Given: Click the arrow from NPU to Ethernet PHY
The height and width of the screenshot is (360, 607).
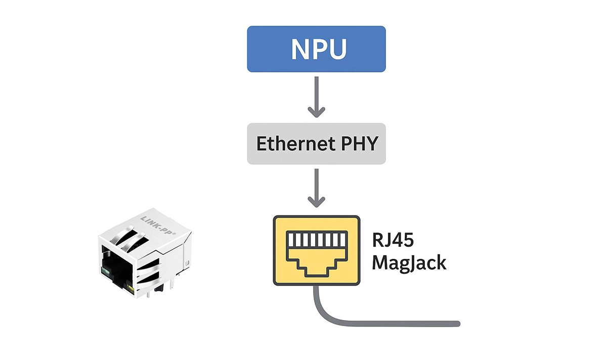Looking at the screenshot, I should (316, 97).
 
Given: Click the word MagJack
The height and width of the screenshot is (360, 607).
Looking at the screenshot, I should (409, 263).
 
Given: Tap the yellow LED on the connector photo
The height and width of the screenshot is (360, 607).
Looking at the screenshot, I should (131, 290).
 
